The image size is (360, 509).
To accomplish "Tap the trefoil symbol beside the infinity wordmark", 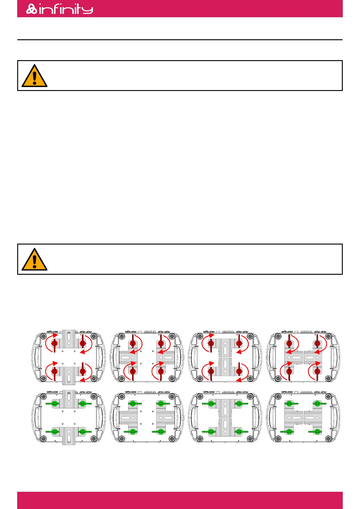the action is click(31, 9).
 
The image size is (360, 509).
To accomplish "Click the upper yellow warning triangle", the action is click(34, 76).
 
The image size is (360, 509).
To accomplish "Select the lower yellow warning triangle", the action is click(34, 260).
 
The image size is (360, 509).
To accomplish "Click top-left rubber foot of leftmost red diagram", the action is click(44, 336).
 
